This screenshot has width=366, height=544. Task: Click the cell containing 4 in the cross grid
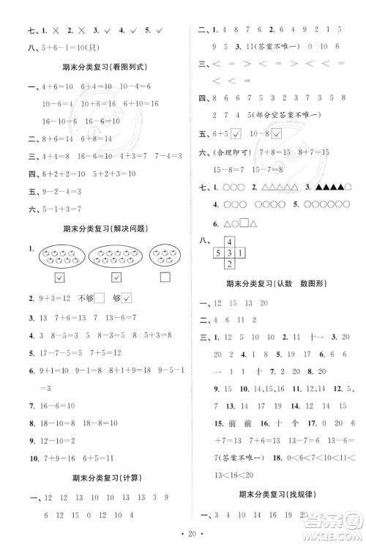(x=228, y=242)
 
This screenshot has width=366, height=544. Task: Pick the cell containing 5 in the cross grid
(x=217, y=253)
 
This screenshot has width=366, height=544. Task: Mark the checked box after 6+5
(x=236, y=133)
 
